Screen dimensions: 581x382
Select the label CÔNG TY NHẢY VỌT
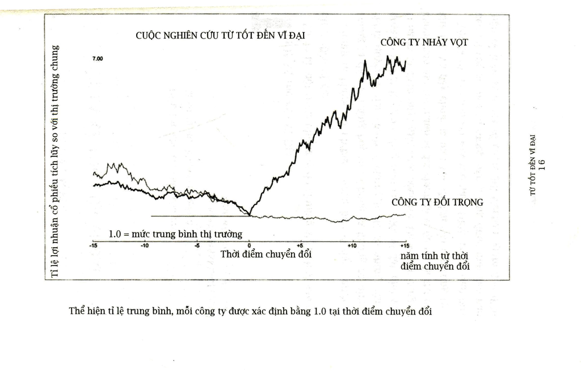point(424,42)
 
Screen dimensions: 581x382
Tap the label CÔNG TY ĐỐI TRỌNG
point(437,202)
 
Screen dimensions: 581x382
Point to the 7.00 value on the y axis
point(98,58)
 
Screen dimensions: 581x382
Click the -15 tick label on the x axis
point(94,245)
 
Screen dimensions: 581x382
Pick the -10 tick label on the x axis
point(145,245)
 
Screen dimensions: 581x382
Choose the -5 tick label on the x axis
point(197,245)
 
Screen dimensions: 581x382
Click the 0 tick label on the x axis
point(249,245)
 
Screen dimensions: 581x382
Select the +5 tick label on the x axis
point(300,245)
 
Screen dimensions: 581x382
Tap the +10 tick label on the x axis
point(352,245)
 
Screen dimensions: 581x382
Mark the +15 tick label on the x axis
point(405,245)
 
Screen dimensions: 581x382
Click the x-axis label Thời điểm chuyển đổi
point(266,254)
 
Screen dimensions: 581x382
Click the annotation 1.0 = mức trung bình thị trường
point(175,234)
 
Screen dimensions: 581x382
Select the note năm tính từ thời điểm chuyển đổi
point(435,261)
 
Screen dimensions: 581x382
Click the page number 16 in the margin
point(542,164)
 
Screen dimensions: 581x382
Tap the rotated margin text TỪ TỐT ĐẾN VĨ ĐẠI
point(533,165)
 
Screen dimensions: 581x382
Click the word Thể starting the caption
point(77,311)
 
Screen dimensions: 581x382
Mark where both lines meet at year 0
point(250,215)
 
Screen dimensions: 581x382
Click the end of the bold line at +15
point(405,61)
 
